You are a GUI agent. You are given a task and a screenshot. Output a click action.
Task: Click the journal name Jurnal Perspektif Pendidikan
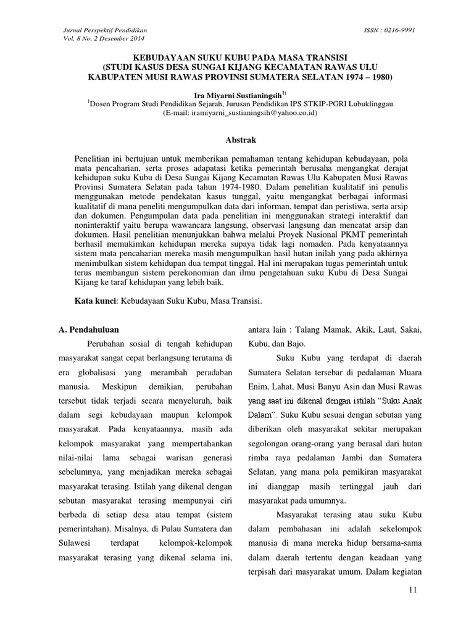pos(105,30)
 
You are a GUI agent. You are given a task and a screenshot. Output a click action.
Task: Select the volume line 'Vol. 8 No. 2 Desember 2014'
pos(103,38)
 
